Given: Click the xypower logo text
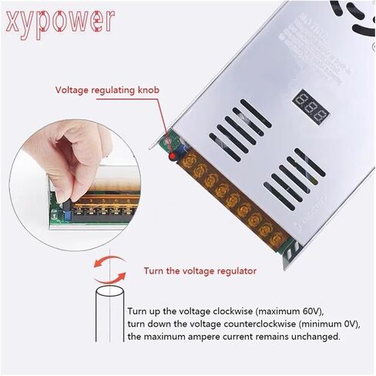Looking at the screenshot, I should pyautogui.click(x=59, y=22).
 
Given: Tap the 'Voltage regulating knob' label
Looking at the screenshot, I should pyautogui.click(x=106, y=89).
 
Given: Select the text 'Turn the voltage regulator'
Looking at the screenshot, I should pyautogui.click(x=200, y=270).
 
